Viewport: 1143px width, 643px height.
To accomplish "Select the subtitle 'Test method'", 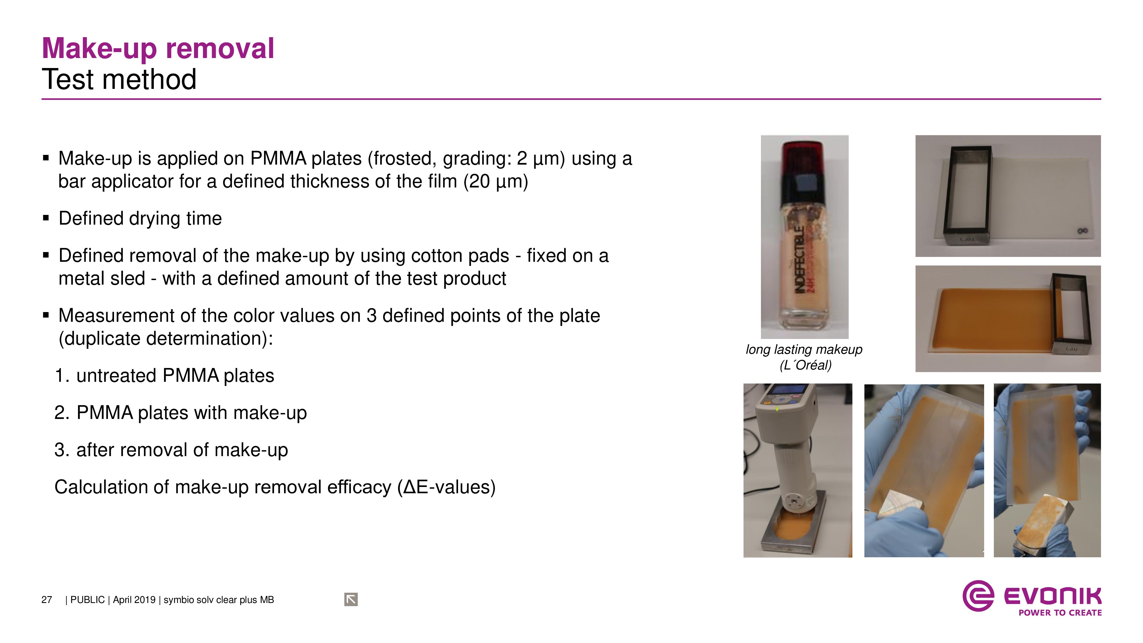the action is (119, 79).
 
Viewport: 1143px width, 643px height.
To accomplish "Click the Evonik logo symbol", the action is (978, 596).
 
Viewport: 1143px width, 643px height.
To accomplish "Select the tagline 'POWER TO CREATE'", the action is (1060, 613).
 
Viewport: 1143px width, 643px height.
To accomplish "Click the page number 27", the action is (47, 600).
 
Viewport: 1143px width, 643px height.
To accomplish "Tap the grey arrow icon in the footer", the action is (351, 600).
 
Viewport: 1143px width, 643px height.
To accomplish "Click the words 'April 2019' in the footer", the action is (134, 600).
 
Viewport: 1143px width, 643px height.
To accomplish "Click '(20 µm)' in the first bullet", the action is (495, 181).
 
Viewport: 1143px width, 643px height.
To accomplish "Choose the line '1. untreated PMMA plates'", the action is (164, 376).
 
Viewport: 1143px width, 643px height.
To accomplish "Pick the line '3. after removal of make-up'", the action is (171, 450).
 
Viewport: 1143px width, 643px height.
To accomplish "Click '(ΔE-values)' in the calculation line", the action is (446, 487).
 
